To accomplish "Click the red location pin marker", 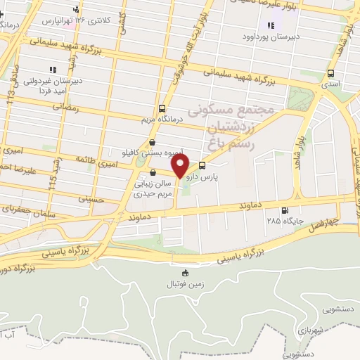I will coord(181,167).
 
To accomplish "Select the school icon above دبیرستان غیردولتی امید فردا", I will coord(52,70).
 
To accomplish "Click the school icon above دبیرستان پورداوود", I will coord(271,25).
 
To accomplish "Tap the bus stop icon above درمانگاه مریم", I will coord(162,108).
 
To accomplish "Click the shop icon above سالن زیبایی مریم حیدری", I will coord(153,172).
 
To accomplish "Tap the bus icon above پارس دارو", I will coord(203,166).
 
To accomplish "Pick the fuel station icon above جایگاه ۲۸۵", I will coord(285,210).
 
